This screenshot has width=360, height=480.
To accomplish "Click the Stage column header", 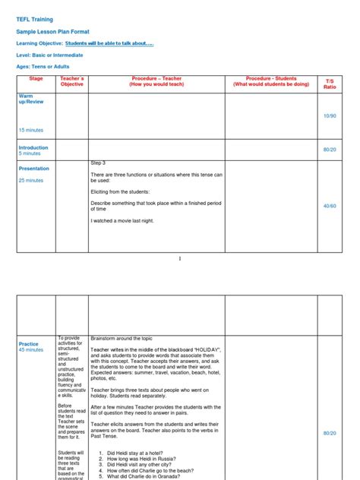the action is [x=36, y=79].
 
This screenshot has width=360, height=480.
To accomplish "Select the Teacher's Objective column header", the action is [x=72, y=81].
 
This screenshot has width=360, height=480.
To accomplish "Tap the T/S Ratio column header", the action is [x=329, y=83].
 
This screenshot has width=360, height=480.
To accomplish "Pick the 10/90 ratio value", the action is [x=329, y=115].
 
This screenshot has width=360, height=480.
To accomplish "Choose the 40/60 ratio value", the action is [x=329, y=206].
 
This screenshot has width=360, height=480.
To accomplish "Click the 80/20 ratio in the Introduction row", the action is [x=329, y=150].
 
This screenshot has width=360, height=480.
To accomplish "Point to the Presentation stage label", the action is [x=33, y=169].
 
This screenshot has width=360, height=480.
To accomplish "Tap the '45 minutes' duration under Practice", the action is [x=31, y=350].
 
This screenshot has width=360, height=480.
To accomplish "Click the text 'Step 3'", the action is [x=99, y=163].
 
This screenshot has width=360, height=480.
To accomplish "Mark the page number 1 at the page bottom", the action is [x=180, y=258].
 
